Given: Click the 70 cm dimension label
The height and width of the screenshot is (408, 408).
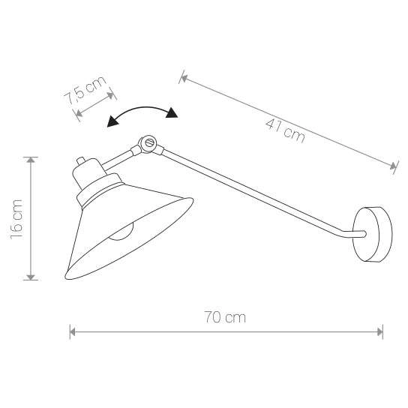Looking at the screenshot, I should click(225, 317).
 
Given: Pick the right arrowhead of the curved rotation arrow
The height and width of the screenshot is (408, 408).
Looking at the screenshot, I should click(174, 114).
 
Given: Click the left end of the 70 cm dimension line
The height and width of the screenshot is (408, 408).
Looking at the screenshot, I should click(70, 331).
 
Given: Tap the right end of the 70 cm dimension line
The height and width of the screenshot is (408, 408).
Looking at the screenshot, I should click(382, 331).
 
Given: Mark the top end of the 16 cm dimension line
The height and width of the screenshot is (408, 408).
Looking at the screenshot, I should click(30, 157).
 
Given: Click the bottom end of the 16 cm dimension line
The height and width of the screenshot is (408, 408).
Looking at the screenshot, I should click(30, 279).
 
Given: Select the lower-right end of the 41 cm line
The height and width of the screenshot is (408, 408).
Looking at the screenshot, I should click(395, 168).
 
